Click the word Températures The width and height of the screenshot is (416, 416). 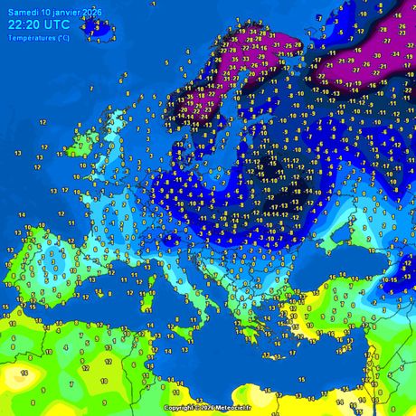(27, 36)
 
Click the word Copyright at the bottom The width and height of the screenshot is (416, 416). (179, 408)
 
